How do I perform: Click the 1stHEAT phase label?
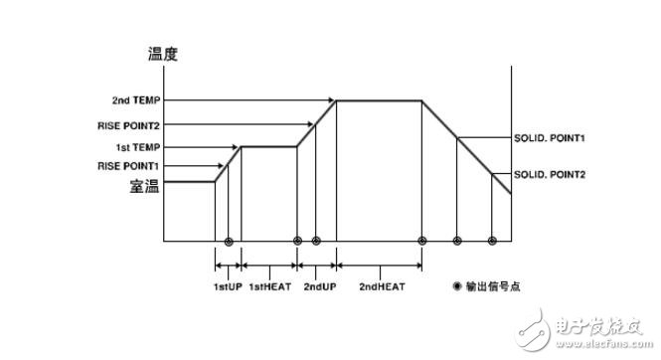coord(268,287)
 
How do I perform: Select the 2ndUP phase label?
coord(317,287)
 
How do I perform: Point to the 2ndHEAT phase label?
coord(379,287)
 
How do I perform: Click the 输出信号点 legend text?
coord(495,286)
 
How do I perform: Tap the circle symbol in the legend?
coord(457,286)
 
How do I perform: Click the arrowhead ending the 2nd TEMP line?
coord(332,100)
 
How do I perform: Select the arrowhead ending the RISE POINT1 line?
coord(225,165)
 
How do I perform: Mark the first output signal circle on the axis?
coord(229,241)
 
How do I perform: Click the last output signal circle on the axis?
coord(492,241)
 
